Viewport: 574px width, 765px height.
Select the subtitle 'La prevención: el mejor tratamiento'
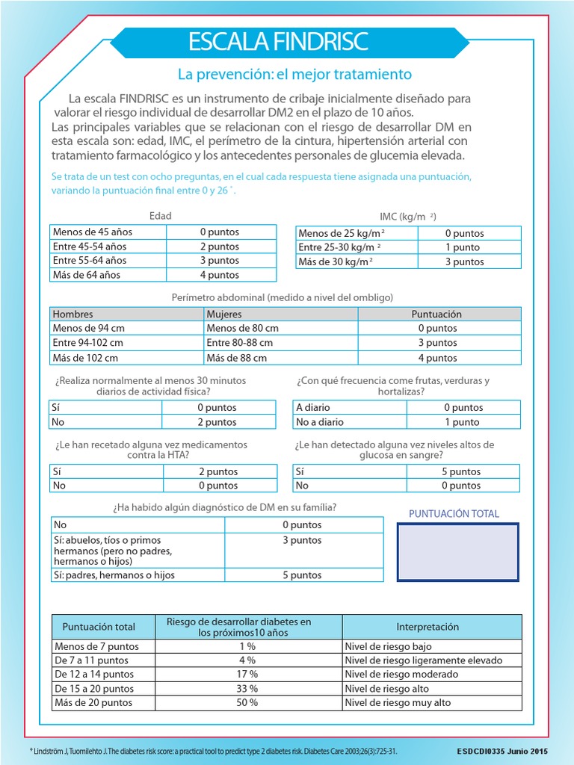point(294,75)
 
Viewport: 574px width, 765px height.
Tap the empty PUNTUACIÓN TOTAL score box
point(458,551)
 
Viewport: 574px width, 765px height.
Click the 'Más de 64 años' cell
point(108,275)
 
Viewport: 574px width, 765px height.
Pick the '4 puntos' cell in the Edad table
point(220,275)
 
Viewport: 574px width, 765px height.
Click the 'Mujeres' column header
point(280,315)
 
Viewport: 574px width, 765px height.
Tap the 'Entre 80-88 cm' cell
point(280,343)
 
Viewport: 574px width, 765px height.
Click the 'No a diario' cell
point(349,422)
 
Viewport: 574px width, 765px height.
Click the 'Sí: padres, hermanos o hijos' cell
point(137,575)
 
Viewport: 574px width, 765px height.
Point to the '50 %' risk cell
point(248,703)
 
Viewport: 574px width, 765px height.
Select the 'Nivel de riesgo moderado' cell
point(431,675)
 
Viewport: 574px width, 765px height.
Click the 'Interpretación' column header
point(431,627)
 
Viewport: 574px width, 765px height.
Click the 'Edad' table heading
point(161,216)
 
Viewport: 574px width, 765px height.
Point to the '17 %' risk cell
point(248,675)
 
